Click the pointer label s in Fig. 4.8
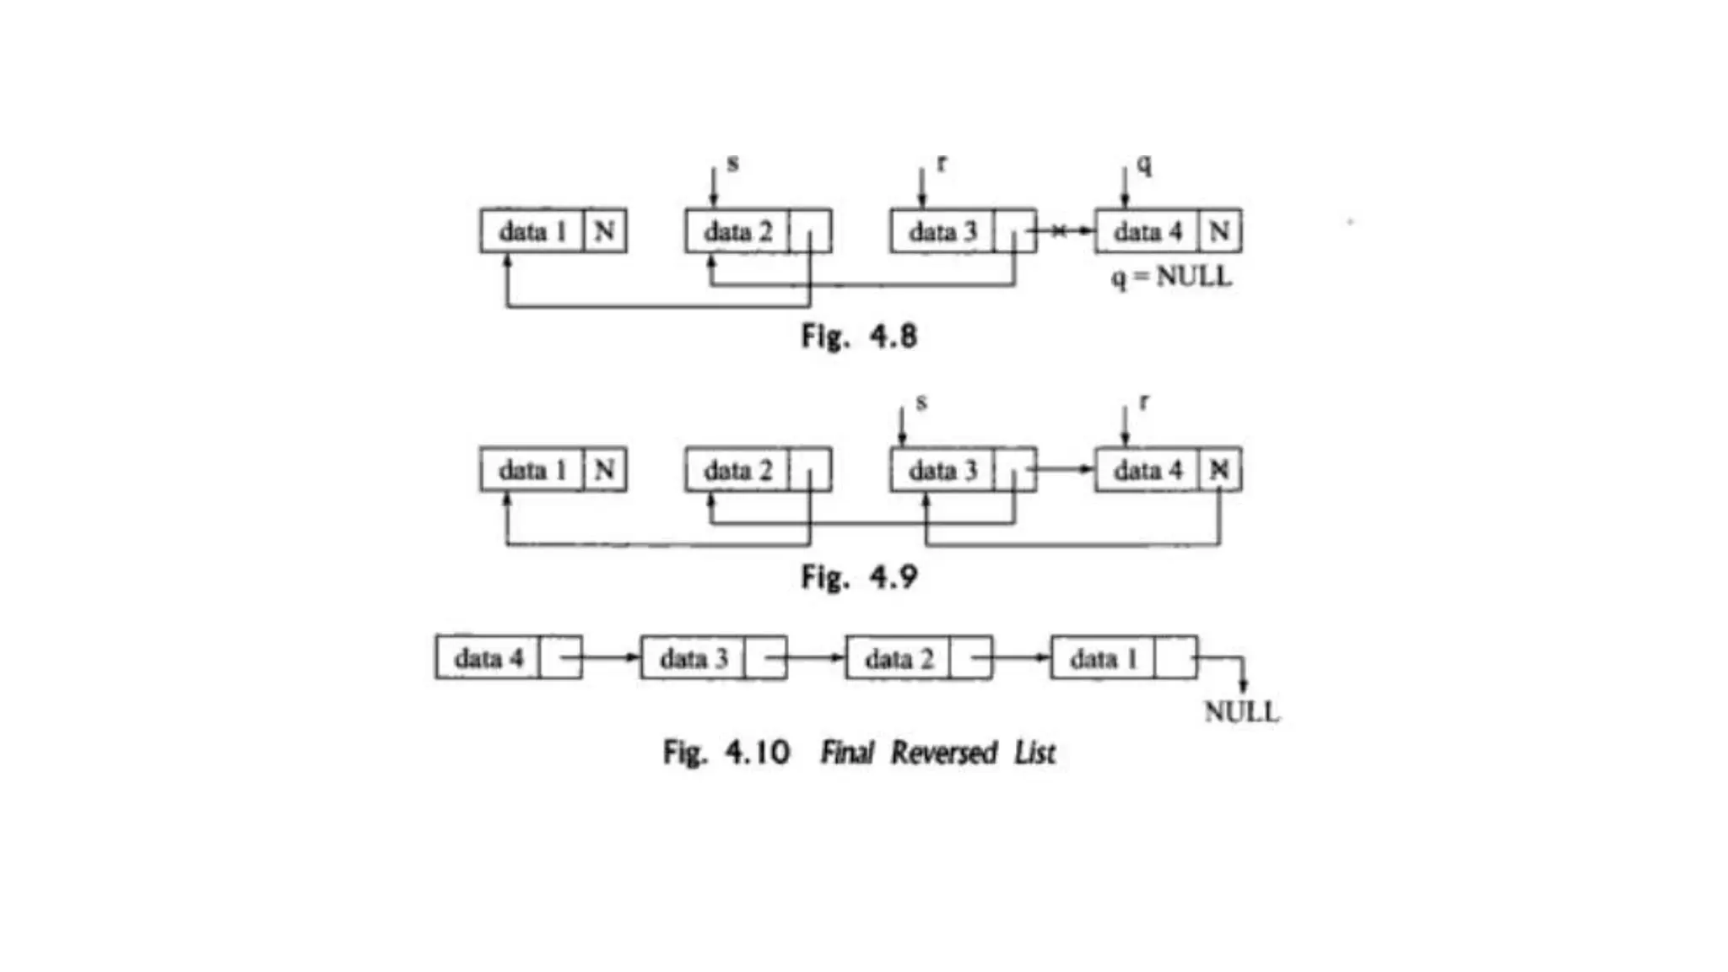[732, 164]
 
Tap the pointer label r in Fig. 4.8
[941, 164]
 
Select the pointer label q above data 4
[1143, 164]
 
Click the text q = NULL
[1171, 277]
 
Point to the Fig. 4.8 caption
[859, 337]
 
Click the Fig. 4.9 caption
[859, 577]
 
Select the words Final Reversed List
[937, 752]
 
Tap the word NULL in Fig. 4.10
[1241, 712]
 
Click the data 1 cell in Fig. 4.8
[532, 231]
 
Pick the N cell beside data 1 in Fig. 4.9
[604, 470]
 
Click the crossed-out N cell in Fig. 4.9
[1219, 470]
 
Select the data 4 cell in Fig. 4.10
[488, 658]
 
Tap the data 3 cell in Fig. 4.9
[942, 470]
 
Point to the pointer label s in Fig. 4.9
[921, 402]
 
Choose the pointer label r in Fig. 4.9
[1143, 402]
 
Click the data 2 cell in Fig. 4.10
[899, 658]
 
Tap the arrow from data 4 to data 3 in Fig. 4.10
[609, 658]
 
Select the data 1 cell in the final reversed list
[1103, 658]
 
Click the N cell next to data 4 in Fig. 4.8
[1219, 231]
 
